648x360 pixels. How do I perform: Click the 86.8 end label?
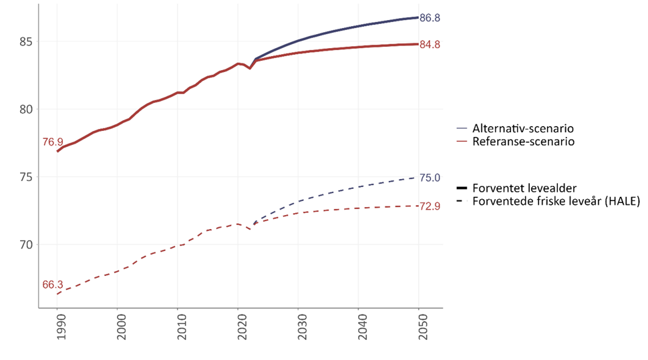coord(430,18)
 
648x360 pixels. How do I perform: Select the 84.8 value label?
coord(430,45)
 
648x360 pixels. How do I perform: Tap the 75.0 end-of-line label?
coord(430,178)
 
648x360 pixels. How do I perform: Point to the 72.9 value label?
coord(430,206)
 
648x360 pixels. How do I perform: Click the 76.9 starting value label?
coord(52,142)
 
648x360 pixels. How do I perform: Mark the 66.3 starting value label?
coord(52,285)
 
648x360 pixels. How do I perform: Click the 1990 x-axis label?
coord(57,329)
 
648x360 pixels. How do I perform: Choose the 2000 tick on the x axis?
coord(118,329)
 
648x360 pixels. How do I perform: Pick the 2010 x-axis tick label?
coord(178,329)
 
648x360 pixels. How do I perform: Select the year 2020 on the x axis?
coord(238,329)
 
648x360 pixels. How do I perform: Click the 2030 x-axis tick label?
coord(299,329)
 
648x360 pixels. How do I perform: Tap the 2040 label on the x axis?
coord(359,329)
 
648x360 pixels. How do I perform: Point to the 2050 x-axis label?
coord(419,329)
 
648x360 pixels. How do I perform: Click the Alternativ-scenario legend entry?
coord(522,128)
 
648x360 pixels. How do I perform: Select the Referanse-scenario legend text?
coord(522,142)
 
